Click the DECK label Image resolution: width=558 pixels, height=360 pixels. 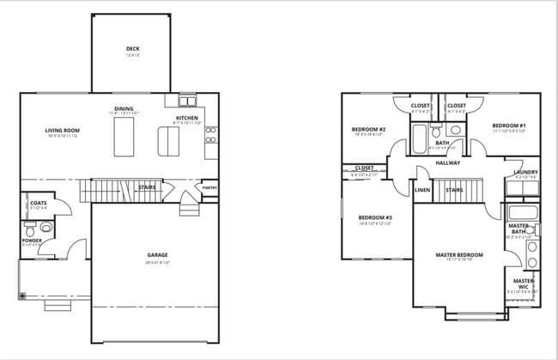[x=132, y=49]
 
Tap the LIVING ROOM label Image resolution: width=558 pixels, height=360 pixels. [x=62, y=131]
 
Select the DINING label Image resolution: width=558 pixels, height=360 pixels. [x=124, y=108]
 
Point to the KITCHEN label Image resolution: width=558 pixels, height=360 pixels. [x=188, y=118]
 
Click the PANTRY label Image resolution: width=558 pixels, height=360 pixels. [x=209, y=187]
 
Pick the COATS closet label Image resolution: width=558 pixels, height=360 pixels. [x=39, y=203]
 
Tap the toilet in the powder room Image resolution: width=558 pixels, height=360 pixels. [x=32, y=230]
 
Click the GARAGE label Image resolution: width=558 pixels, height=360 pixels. [x=157, y=254]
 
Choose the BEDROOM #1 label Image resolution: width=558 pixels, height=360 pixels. [x=509, y=125]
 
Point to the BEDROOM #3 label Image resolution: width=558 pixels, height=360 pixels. [x=374, y=217]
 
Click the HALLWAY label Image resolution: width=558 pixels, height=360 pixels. [x=448, y=162]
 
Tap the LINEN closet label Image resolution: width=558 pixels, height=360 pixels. [x=422, y=190]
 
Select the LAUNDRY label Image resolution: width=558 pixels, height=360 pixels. [x=525, y=172]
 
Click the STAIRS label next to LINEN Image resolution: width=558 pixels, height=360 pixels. [x=454, y=190]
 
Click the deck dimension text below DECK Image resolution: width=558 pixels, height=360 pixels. [x=132, y=56]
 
